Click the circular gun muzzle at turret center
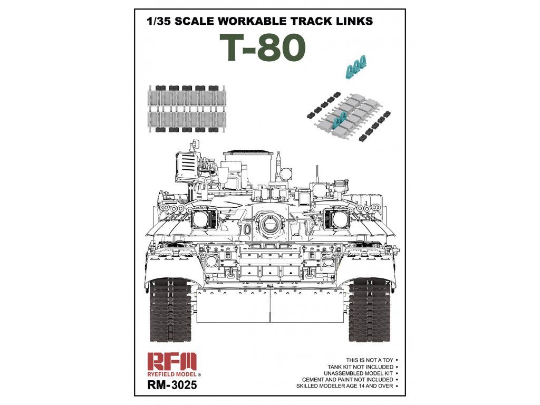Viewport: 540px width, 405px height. (270, 226)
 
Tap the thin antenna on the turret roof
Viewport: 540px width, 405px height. (318, 177)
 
